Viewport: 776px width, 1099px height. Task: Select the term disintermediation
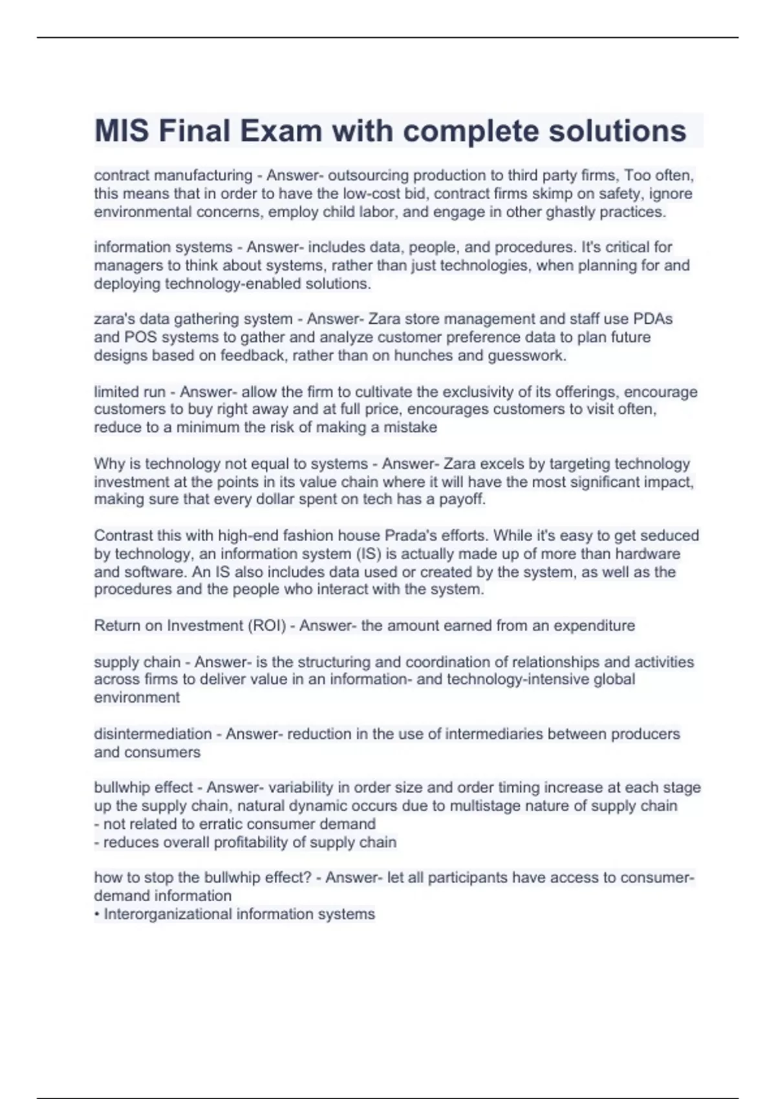153,734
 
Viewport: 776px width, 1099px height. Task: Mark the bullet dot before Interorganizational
96,914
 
